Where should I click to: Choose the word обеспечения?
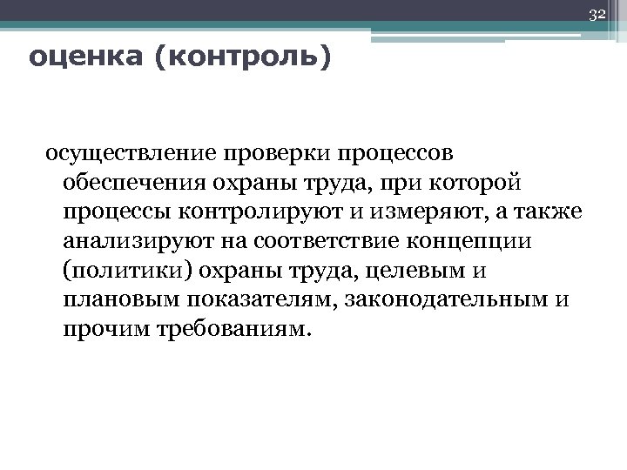(131, 185)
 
